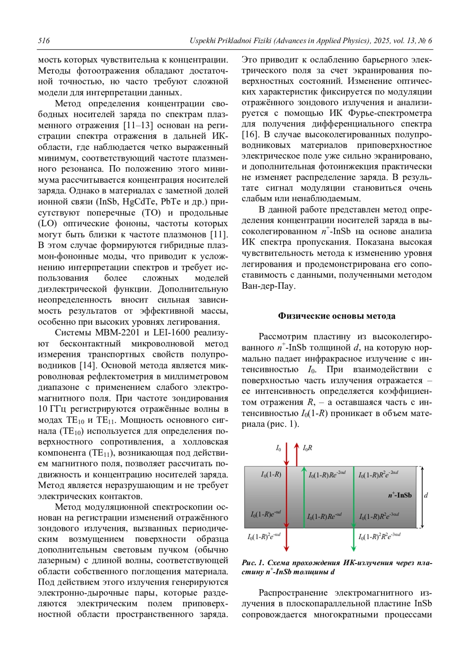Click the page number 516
click(44, 41)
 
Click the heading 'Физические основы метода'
click(336, 316)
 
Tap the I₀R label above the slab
click(307, 448)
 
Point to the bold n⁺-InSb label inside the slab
click(399, 495)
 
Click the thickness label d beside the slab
click(426, 495)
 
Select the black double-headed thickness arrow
click(421, 497)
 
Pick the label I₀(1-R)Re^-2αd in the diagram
click(327, 475)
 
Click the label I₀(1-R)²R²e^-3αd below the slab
click(379, 537)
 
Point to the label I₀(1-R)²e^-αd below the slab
click(264, 537)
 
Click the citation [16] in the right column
click(250, 135)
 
